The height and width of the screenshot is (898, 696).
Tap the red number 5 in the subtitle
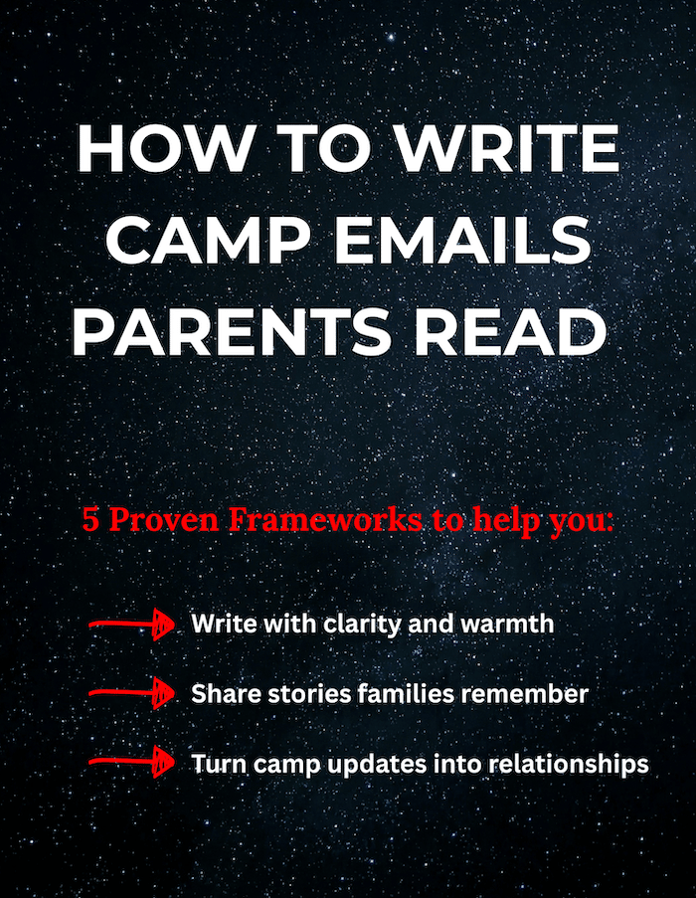(90, 519)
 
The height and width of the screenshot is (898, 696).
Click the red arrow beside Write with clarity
(132, 625)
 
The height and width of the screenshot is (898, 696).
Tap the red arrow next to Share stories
(132, 693)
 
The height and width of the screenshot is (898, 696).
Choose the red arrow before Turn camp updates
(132, 762)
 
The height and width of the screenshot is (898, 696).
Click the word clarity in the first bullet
(362, 625)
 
